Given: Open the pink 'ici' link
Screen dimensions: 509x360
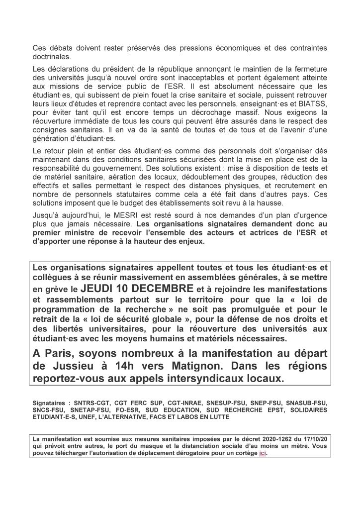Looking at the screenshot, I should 263,454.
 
